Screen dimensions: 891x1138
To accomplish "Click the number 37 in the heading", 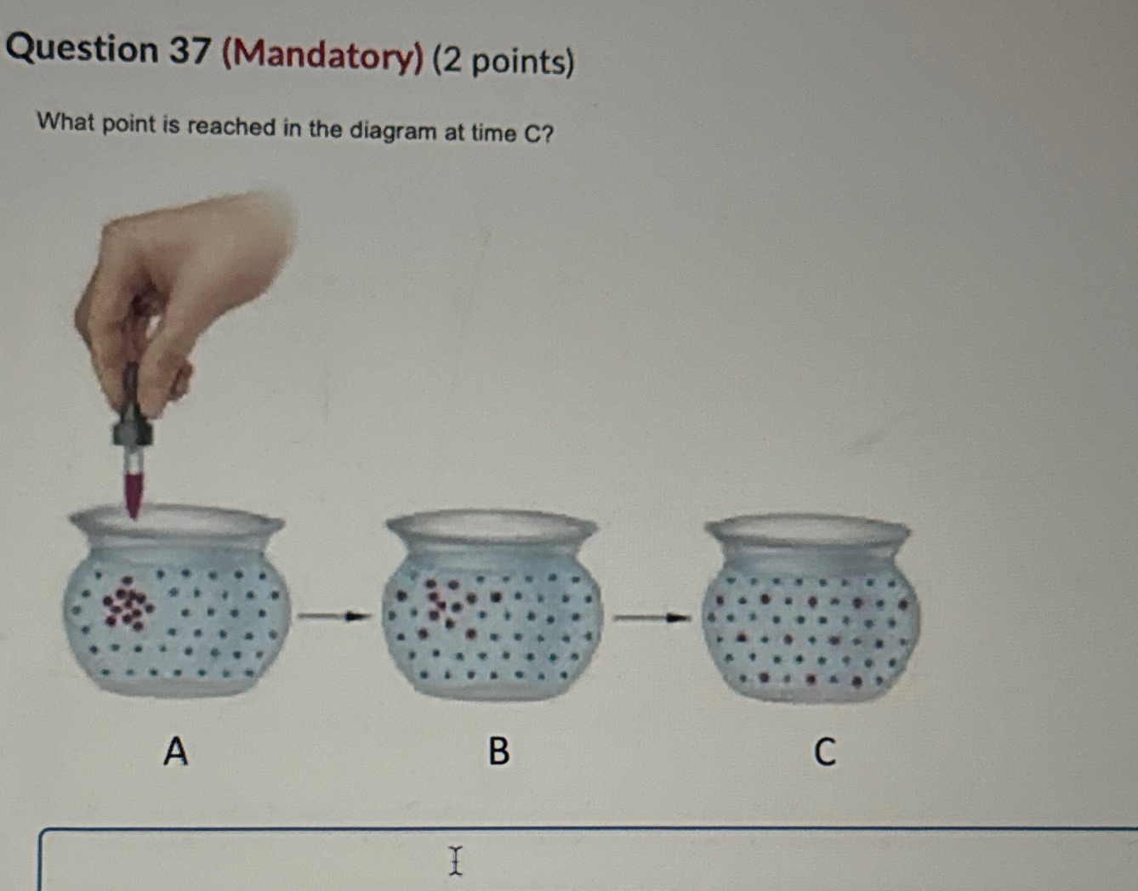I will click(189, 50).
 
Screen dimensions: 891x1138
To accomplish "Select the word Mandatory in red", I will click(322, 56).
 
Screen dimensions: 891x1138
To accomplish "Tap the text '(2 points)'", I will click(504, 61).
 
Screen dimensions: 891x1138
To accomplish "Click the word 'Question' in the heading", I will click(82, 48).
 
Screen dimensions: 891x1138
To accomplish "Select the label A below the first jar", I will click(175, 751).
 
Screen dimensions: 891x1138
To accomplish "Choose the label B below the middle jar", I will click(498, 751).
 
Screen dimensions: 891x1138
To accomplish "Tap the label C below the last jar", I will click(824, 752).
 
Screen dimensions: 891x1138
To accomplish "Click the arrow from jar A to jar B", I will click(334, 616).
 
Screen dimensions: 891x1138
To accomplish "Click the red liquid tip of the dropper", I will click(134, 493).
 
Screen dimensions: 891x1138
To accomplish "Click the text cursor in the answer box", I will click(456, 860).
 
